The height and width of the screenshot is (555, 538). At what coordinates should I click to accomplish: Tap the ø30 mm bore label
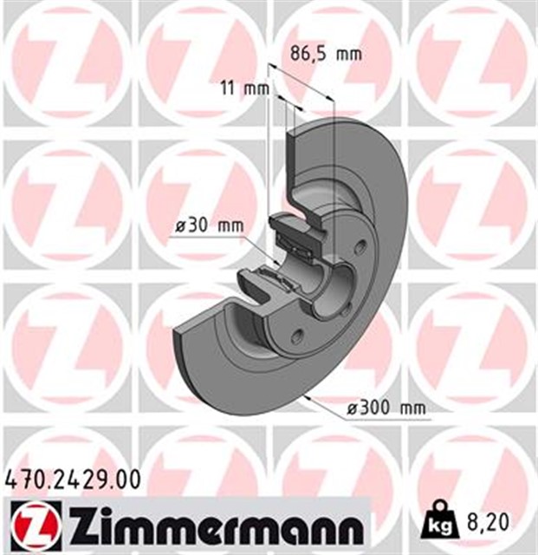(x=208, y=225)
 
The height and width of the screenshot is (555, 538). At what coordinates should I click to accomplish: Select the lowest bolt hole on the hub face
(x=297, y=336)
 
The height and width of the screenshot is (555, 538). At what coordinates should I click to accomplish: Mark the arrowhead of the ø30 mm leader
(x=275, y=258)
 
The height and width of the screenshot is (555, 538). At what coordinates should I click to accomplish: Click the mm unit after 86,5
(x=348, y=54)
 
